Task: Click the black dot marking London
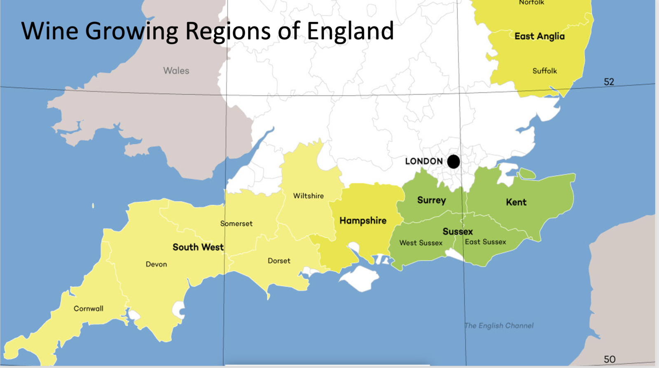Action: point(453,162)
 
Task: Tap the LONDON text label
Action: point(424,161)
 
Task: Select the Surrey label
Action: point(431,201)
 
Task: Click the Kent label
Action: point(516,202)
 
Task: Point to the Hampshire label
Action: point(363,221)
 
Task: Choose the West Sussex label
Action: point(421,243)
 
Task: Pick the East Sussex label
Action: point(485,242)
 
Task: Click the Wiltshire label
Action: point(308,196)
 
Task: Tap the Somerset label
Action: point(236,224)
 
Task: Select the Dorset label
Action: point(279,261)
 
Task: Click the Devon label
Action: point(156,264)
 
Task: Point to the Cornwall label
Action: point(88,309)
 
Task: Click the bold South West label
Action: point(198,247)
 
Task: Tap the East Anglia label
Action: point(539,36)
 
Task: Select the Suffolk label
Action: point(544,71)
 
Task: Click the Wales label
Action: point(176,71)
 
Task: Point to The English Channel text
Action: point(499,326)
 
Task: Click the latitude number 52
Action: point(609,82)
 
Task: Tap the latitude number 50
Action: point(609,359)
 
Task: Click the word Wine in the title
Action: point(50,31)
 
